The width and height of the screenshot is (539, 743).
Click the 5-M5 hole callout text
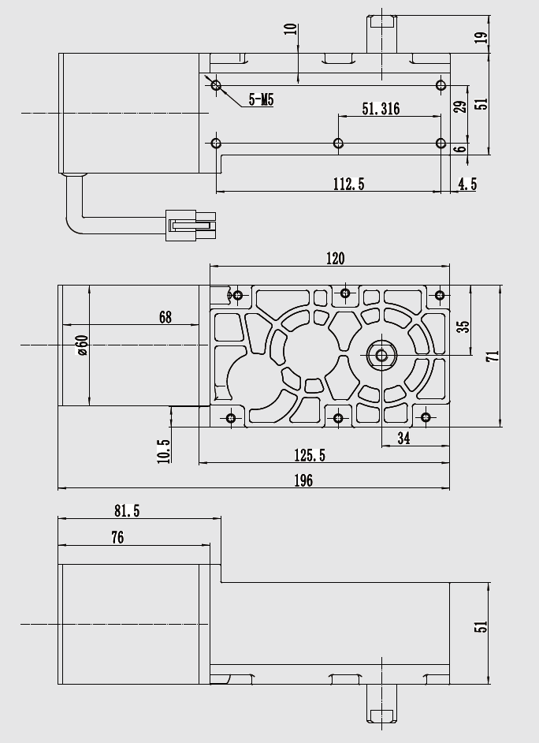coord(261,99)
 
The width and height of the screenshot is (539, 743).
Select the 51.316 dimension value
coord(381,109)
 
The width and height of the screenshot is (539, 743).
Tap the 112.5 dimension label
coord(348,184)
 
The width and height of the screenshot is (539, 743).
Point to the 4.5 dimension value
coord(467,184)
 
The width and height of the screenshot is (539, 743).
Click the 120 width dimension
coord(336,258)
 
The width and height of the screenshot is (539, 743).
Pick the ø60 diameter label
coord(81,345)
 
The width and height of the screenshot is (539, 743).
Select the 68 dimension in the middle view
coord(165,317)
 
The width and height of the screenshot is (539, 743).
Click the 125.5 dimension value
coord(310,455)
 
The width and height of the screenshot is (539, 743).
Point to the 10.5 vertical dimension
coord(164,450)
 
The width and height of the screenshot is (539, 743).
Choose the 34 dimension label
coord(403,439)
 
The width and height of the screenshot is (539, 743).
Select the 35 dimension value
coord(463,326)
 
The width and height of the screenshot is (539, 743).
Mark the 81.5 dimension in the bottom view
coord(126,511)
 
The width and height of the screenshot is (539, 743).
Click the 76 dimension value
coord(117,537)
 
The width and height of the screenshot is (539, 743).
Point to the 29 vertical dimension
coord(461,105)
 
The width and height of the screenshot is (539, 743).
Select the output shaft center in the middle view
coord(382,355)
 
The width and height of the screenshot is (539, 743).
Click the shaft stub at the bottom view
coord(381,704)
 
